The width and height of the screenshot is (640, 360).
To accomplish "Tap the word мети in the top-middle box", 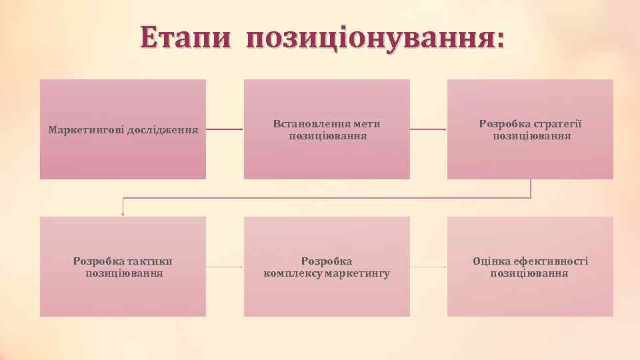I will (367, 124).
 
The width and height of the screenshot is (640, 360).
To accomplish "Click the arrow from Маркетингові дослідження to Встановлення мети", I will (225, 129).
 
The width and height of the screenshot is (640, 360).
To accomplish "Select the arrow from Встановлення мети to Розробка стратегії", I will (428, 129).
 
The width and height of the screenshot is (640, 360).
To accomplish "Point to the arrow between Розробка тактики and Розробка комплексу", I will (225, 267).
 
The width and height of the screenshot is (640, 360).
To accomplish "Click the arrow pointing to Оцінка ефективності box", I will (428, 267).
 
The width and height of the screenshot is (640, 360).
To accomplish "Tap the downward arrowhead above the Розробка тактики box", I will (123, 213).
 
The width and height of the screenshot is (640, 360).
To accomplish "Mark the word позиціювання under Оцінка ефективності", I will (529, 273).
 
